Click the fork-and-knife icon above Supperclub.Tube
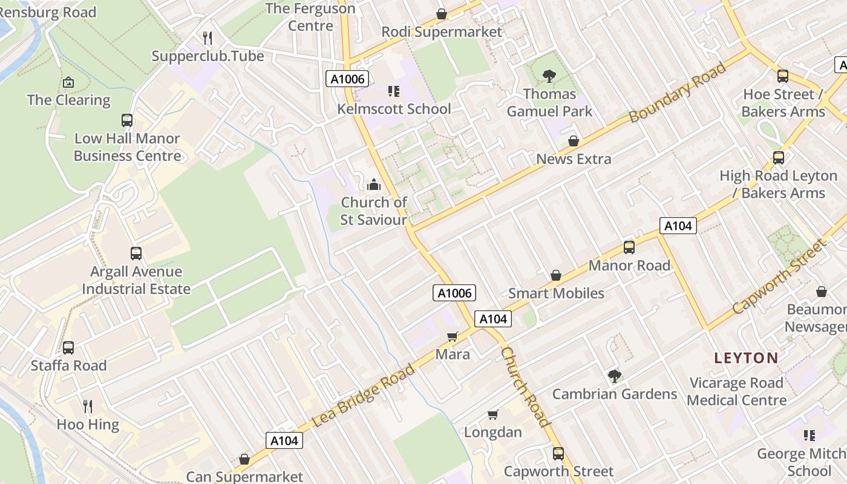208,39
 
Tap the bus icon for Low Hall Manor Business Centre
127,120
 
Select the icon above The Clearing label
68,82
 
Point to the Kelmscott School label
394,109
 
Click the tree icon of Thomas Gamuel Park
549,76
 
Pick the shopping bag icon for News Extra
573,142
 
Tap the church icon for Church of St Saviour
374,185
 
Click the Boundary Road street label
677,93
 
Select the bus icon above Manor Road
629,247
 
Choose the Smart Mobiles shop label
556,293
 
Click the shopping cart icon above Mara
453,336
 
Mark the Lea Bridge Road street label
364,396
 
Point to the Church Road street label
525,387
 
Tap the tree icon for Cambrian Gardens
615,376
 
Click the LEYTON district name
746,358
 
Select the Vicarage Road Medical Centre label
737,391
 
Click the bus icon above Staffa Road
68,348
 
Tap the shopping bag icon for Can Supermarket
244,460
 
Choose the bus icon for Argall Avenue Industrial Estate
136,253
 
